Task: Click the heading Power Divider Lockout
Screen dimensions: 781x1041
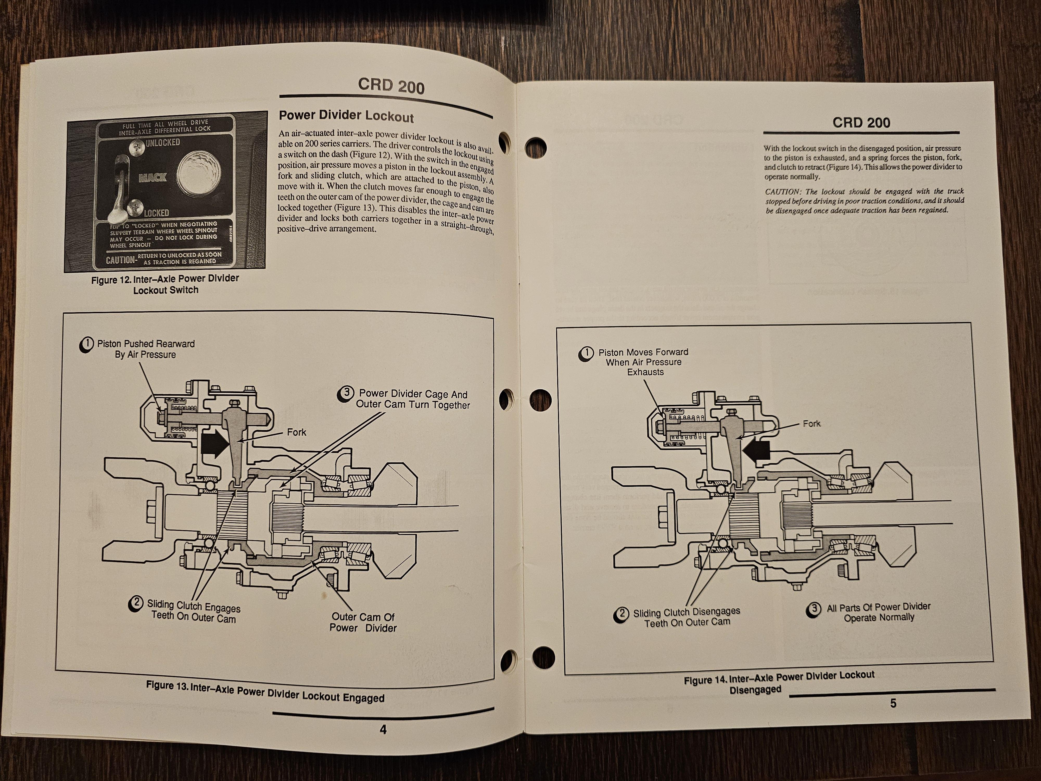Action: coord(346,116)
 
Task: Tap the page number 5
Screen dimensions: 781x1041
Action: coord(893,703)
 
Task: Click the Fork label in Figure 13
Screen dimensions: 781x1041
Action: coord(296,432)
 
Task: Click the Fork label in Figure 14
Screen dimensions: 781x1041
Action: coord(811,424)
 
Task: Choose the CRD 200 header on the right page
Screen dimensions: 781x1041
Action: coord(861,123)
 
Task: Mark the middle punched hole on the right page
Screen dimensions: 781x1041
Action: coord(540,400)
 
